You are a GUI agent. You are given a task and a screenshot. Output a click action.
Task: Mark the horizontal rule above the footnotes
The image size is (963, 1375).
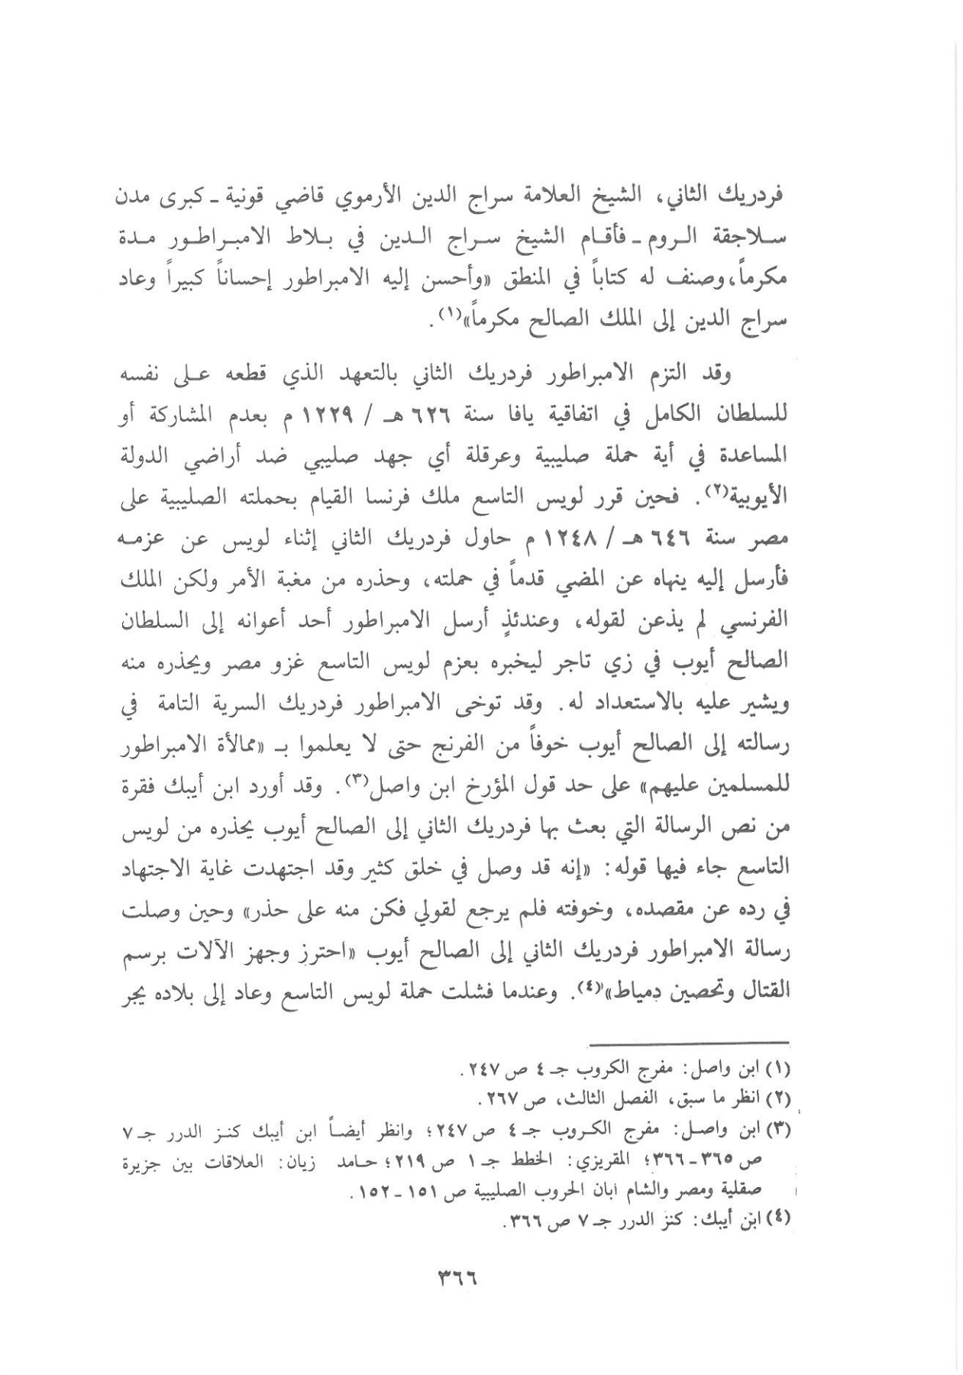(x=691, y=1042)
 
